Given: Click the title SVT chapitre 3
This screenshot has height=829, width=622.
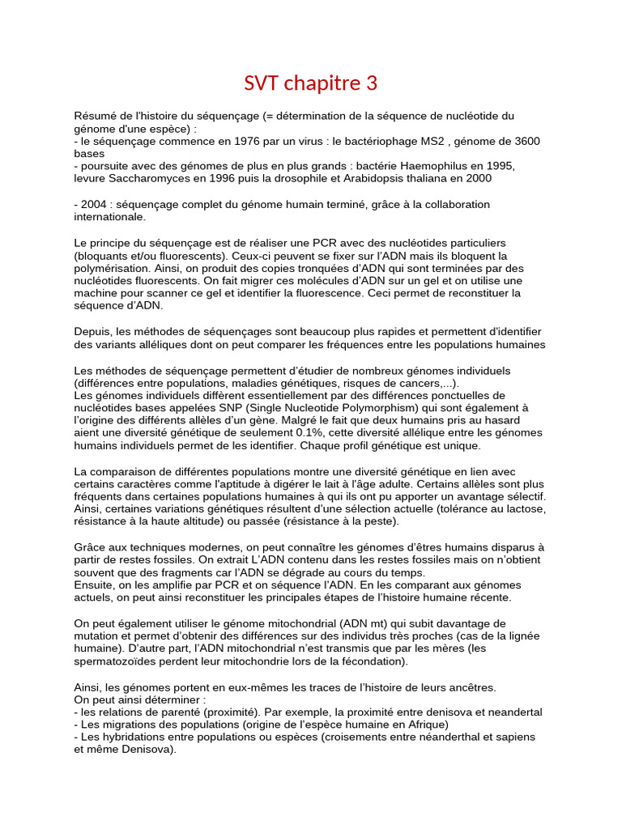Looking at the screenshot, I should click(x=311, y=83).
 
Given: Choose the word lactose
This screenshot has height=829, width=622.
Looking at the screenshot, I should click(x=525, y=508).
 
